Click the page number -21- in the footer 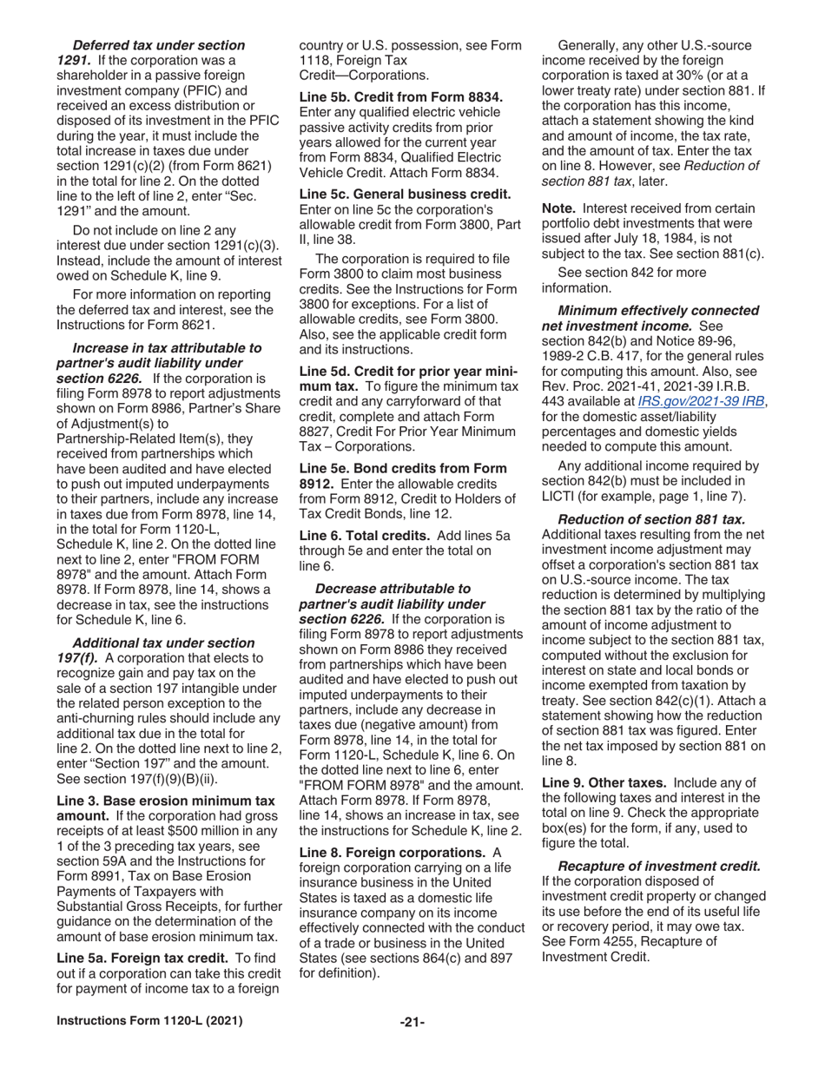[x=412, y=1022]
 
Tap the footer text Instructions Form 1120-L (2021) [x=149, y=1021]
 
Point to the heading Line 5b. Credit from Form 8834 [x=400, y=96]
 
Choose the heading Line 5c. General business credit [x=405, y=194]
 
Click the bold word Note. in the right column [x=559, y=208]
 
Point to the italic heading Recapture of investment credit [x=659, y=866]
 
